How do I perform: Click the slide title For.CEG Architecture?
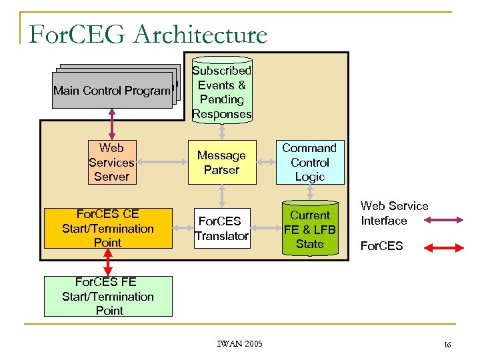(148, 34)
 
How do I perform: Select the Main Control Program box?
(112, 90)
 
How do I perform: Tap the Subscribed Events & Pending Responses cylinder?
(221, 92)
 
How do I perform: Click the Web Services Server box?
(111, 162)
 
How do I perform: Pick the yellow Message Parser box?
(221, 163)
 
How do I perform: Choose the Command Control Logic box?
(310, 162)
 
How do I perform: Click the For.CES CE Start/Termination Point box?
(107, 229)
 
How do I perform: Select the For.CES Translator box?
(221, 229)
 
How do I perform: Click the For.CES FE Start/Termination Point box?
(108, 297)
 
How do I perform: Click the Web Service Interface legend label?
(394, 213)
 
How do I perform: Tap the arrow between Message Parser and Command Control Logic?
(265, 162)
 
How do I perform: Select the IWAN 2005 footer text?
(240, 344)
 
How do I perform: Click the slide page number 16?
(447, 345)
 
